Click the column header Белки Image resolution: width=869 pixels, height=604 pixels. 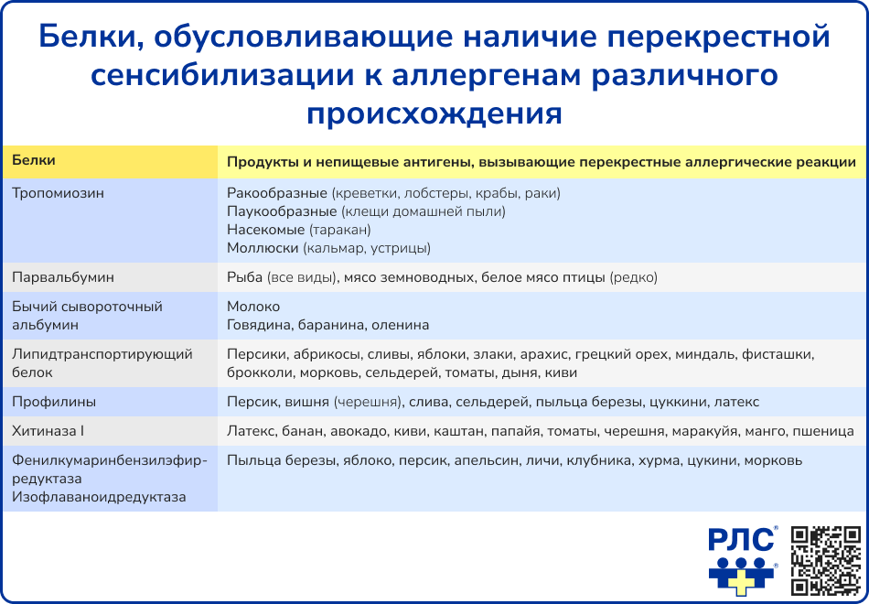pos(34,160)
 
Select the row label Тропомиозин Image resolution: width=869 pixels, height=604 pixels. pos(59,193)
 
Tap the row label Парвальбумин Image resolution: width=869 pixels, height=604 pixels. pos(63,275)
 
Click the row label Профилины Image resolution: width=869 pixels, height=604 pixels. pos(54,402)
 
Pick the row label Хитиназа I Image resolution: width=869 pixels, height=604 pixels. pos(48,430)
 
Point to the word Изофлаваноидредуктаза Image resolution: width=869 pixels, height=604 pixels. pos(100,497)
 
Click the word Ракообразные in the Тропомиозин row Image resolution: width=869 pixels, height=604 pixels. pos(276,193)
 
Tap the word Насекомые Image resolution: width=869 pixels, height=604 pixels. pos(265,230)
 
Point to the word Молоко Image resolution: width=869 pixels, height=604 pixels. pos(253,307)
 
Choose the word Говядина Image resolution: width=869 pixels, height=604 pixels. pos(260,325)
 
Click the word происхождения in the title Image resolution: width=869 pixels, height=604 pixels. pos(434,113)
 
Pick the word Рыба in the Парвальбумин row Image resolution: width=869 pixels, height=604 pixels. pos(243,275)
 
